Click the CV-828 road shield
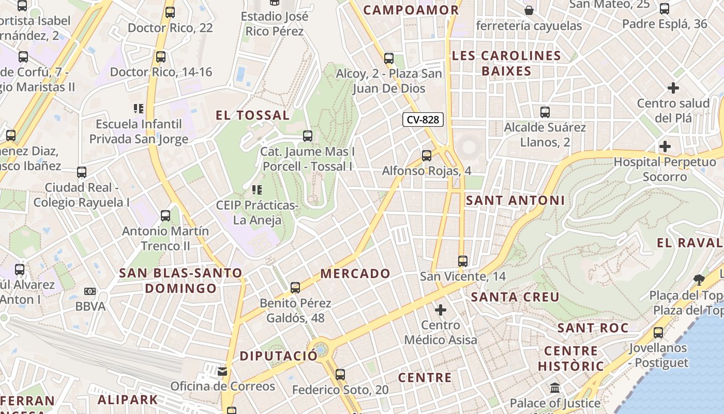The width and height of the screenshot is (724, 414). (x=423, y=120)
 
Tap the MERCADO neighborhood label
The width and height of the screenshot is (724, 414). (x=355, y=273)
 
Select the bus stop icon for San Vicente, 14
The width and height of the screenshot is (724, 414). (x=463, y=261)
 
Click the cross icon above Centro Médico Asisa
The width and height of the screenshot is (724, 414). (x=441, y=310)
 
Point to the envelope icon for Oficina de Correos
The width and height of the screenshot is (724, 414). (x=222, y=371)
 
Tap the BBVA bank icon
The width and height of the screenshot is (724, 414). (x=90, y=291)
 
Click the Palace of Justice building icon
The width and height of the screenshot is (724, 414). (x=555, y=388)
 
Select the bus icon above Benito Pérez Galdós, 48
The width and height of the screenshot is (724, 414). (x=295, y=287)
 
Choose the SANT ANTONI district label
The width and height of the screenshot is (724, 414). (x=515, y=200)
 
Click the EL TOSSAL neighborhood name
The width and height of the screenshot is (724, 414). (x=252, y=115)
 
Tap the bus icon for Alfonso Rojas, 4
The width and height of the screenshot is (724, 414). (x=427, y=155)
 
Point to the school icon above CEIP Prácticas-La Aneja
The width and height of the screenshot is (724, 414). (x=257, y=190)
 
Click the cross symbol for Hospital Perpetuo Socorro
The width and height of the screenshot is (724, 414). (x=665, y=146)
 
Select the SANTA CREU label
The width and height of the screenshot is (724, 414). (x=515, y=297)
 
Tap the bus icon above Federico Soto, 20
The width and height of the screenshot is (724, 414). (x=340, y=374)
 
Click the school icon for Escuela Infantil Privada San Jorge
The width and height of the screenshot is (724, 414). (x=139, y=109)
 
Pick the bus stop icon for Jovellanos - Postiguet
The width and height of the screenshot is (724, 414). (x=658, y=332)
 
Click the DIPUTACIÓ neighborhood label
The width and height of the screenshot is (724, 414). (x=278, y=356)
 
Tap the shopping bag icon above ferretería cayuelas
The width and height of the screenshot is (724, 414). (x=529, y=10)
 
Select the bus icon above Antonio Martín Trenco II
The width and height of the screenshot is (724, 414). (x=165, y=215)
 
